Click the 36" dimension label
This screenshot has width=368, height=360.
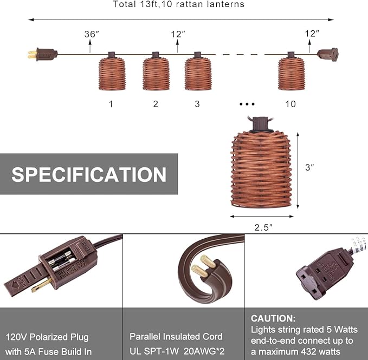[92, 34]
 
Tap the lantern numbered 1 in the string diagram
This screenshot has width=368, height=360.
[112, 71]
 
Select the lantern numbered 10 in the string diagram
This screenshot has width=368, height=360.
[291, 71]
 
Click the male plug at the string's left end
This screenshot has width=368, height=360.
[43, 55]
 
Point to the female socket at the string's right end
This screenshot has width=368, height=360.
[328, 55]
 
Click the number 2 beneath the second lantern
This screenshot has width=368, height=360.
[156, 104]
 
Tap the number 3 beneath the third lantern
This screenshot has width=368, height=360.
[197, 104]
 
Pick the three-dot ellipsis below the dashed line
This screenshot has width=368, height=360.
[247, 104]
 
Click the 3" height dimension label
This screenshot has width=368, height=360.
[309, 167]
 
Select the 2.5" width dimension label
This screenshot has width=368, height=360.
[263, 227]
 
